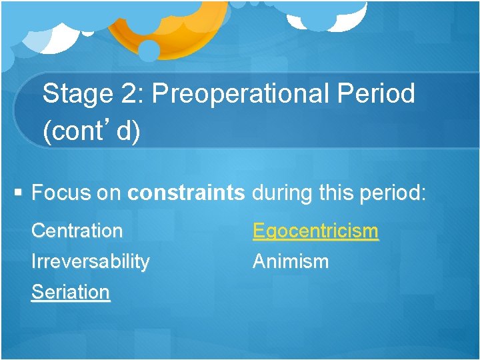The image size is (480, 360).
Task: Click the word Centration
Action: (77, 231)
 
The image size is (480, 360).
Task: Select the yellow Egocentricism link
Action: (315, 231)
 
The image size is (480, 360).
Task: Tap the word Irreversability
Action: (91, 262)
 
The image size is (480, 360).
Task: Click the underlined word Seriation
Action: (71, 292)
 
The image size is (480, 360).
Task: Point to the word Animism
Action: (290, 261)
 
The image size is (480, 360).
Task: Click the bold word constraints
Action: (186, 193)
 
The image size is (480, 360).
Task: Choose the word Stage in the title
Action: (77, 94)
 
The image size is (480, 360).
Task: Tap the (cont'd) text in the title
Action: (91, 131)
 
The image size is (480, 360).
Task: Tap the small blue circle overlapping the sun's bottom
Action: (149, 51)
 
